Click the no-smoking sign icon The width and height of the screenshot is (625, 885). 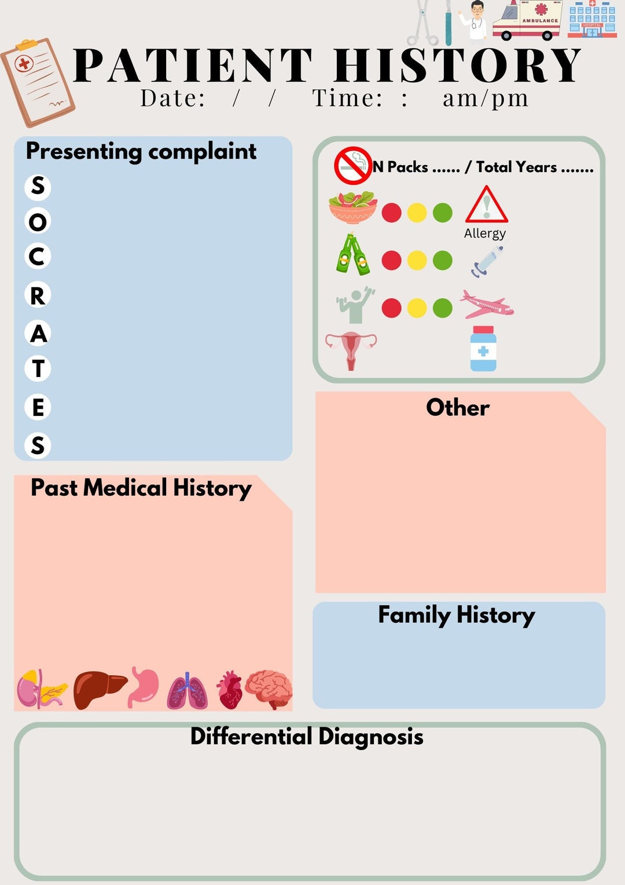[x=353, y=166]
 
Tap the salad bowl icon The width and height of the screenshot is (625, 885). [x=352, y=207]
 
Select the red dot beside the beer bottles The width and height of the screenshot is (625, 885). [x=392, y=260]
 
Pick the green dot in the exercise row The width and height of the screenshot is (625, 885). [x=443, y=308]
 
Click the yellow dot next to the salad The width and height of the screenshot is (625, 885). [x=417, y=213]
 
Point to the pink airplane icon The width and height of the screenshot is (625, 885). [x=486, y=305]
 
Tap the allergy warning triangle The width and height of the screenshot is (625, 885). [x=486, y=205]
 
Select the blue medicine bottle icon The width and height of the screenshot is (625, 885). [x=483, y=349]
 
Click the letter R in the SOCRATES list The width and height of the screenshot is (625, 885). [x=38, y=295]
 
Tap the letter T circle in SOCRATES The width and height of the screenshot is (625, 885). [x=38, y=368]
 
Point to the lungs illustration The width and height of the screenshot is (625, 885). [x=187, y=692]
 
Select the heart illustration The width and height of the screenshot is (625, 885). [x=230, y=690]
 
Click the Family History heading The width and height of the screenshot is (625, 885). [x=456, y=615]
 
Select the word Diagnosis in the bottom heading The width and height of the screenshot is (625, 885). [x=370, y=737]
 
